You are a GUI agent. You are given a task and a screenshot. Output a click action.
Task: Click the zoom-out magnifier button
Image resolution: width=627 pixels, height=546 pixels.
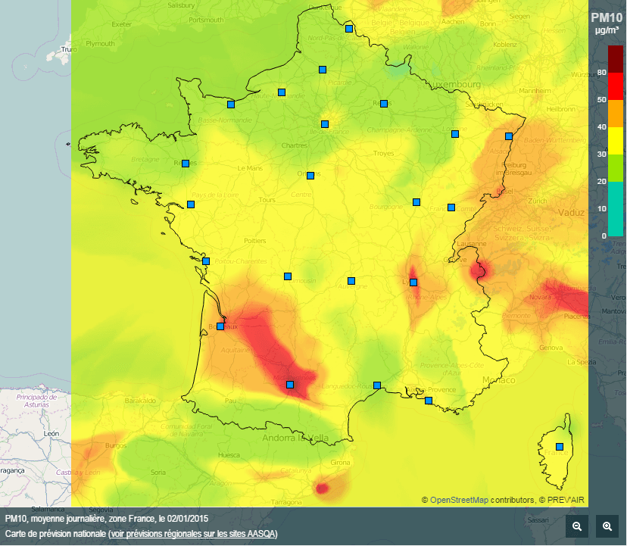point(577,526)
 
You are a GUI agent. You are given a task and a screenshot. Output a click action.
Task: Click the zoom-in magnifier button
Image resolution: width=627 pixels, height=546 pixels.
point(607,526)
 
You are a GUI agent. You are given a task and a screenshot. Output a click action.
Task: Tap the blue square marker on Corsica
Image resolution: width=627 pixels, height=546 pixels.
point(560,447)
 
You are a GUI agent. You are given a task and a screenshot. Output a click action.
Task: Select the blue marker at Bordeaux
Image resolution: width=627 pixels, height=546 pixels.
point(220,326)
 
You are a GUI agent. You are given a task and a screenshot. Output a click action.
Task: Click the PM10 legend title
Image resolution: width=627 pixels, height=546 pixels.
point(606,17)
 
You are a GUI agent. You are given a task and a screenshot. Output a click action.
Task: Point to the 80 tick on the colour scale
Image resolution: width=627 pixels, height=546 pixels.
point(602,73)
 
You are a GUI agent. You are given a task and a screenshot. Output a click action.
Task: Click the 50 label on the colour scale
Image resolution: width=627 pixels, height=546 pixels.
point(602,100)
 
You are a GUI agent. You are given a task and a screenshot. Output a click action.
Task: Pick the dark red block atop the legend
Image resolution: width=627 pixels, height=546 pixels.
point(616,59)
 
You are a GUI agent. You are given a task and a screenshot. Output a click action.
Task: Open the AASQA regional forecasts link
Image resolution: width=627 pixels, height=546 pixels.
point(193,534)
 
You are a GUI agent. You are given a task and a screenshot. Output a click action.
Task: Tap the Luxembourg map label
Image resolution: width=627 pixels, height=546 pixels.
point(458,84)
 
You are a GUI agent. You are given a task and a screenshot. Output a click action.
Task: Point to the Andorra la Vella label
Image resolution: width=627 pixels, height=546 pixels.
point(295,438)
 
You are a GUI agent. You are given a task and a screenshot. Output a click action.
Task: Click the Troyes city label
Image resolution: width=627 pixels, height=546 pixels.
point(384,154)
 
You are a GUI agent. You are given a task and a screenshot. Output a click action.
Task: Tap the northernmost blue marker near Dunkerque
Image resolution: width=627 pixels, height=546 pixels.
point(349,29)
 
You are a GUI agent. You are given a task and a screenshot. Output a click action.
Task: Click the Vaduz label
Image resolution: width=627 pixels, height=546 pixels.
point(571,213)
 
